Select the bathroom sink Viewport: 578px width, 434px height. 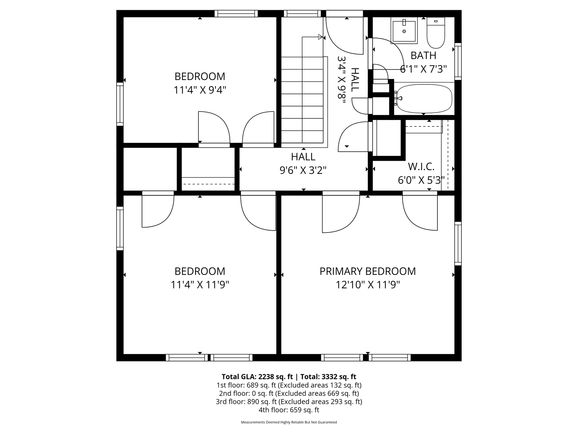point(404,31)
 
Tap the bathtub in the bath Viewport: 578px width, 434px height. point(424,99)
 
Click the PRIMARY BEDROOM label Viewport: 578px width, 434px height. point(368,271)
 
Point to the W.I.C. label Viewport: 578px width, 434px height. point(421,166)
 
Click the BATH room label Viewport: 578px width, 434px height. point(423,55)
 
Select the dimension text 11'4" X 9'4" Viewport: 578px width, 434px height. point(200,90)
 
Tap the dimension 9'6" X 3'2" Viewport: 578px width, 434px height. point(303,170)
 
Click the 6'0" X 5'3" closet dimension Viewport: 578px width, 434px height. point(421,180)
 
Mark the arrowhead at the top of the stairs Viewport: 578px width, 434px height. point(320,37)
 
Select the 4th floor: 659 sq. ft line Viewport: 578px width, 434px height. point(289,410)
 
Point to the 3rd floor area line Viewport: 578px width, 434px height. point(289,402)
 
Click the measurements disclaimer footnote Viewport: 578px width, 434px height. point(289,422)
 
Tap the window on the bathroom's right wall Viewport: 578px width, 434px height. point(458,62)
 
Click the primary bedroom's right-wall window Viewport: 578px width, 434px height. point(458,243)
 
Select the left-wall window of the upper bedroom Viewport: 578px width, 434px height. point(120,104)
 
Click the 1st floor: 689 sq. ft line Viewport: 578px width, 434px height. point(289,385)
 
